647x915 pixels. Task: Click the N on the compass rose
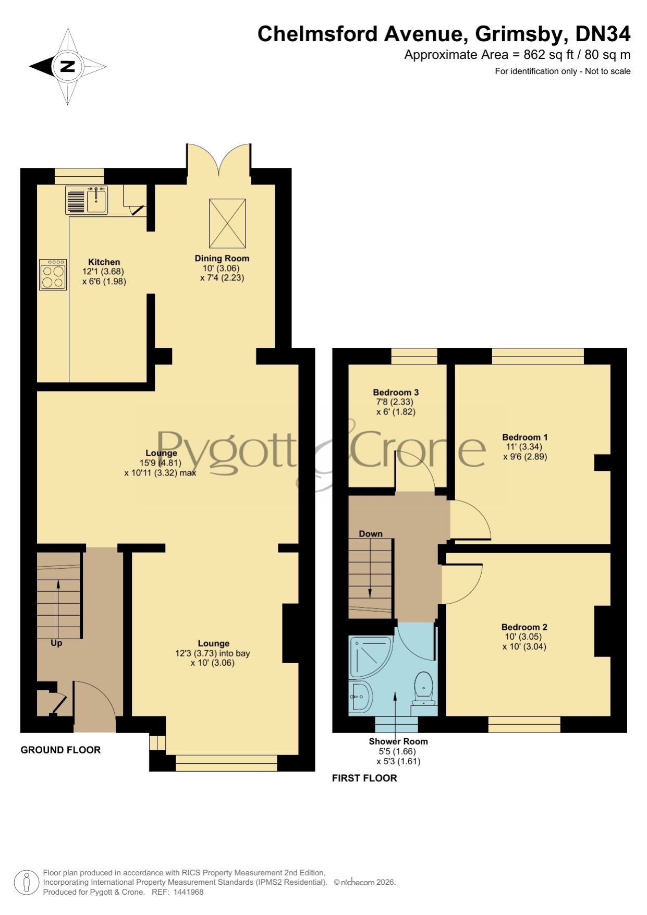click(68, 66)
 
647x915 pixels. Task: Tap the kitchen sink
click(87, 201)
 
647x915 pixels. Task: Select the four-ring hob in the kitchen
click(53, 274)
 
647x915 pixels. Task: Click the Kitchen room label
click(104, 262)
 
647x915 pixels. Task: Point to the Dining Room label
click(222, 258)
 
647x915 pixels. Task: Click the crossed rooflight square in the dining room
click(227, 223)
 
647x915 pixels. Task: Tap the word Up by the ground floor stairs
click(56, 643)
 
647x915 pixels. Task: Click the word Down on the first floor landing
click(371, 534)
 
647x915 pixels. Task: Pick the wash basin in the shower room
click(361, 696)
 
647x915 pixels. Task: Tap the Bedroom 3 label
click(396, 392)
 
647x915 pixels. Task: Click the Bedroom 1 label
click(525, 437)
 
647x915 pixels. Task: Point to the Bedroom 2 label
click(524, 627)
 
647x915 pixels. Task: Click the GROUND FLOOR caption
click(60, 750)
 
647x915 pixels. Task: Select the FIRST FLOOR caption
click(364, 778)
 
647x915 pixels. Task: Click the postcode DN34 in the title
click(603, 34)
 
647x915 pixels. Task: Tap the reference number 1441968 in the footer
click(188, 892)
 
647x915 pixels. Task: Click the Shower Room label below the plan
click(398, 741)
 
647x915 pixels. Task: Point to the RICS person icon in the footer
click(26, 883)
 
